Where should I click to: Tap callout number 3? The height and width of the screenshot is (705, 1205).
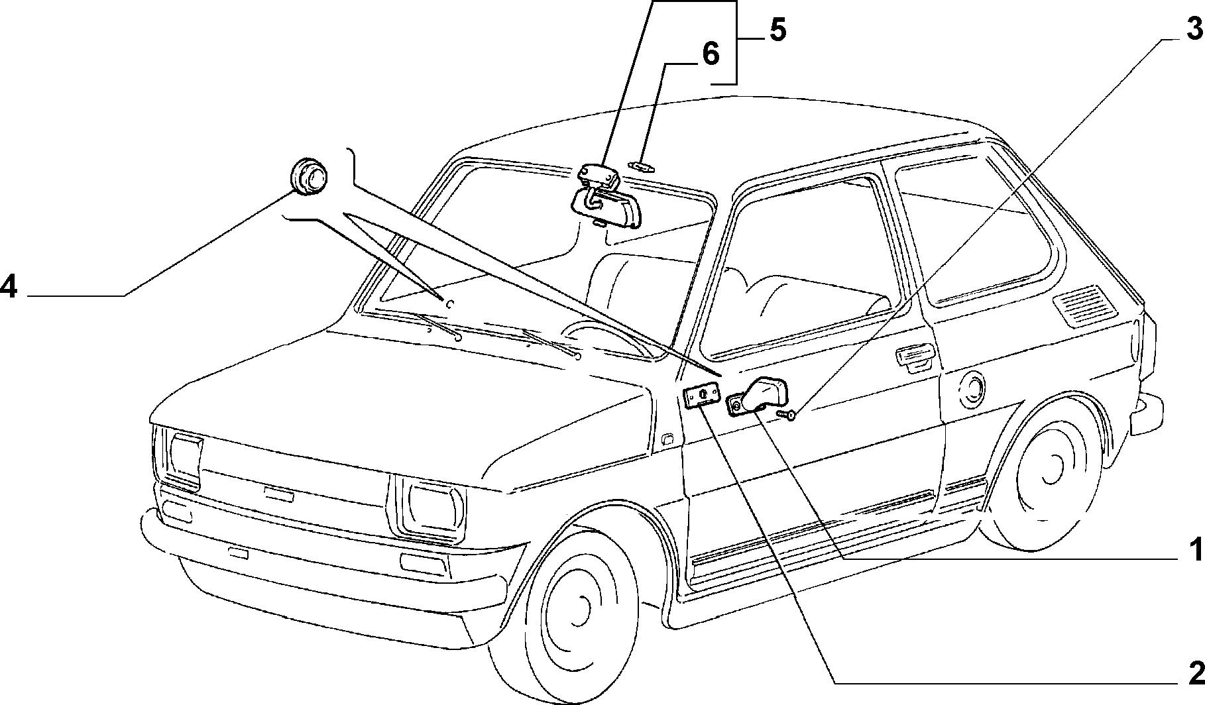pyautogui.click(x=1193, y=29)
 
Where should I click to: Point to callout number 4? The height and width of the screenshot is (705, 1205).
pyautogui.click(x=8, y=288)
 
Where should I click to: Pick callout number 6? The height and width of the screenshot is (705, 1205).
pyautogui.click(x=710, y=54)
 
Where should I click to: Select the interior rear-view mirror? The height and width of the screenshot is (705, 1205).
pyautogui.click(x=605, y=197)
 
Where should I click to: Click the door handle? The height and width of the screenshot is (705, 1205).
pyautogui.click(x=915, y=356)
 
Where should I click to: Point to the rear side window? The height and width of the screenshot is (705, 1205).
pyautogui.click(x=974, y=231)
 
